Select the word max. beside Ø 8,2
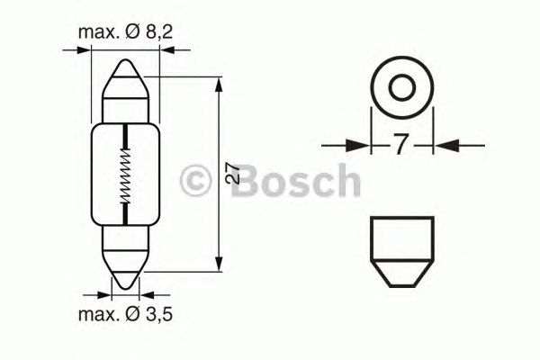99,33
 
